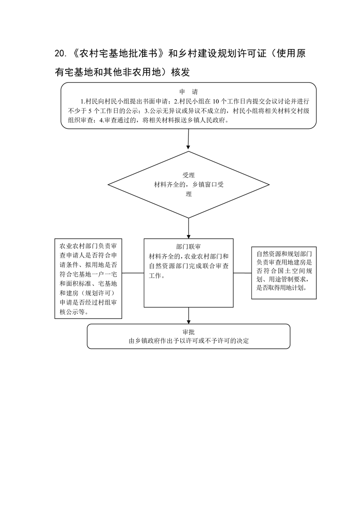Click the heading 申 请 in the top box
[x=188, y=92]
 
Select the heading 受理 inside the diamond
[x=188, y=175]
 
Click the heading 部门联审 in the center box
[x=188, y=247]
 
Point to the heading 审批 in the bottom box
[x=188, y=332]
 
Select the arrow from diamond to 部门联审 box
[x=188, y=228]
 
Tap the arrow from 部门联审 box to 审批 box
[x=188, y=316]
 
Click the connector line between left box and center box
[x=133, y=273]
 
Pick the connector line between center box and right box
[x=242, y=273]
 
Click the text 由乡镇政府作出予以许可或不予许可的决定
[x=188, y=341]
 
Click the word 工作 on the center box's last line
[x=155, y=276]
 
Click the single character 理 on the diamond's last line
[x=188, y=194]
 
